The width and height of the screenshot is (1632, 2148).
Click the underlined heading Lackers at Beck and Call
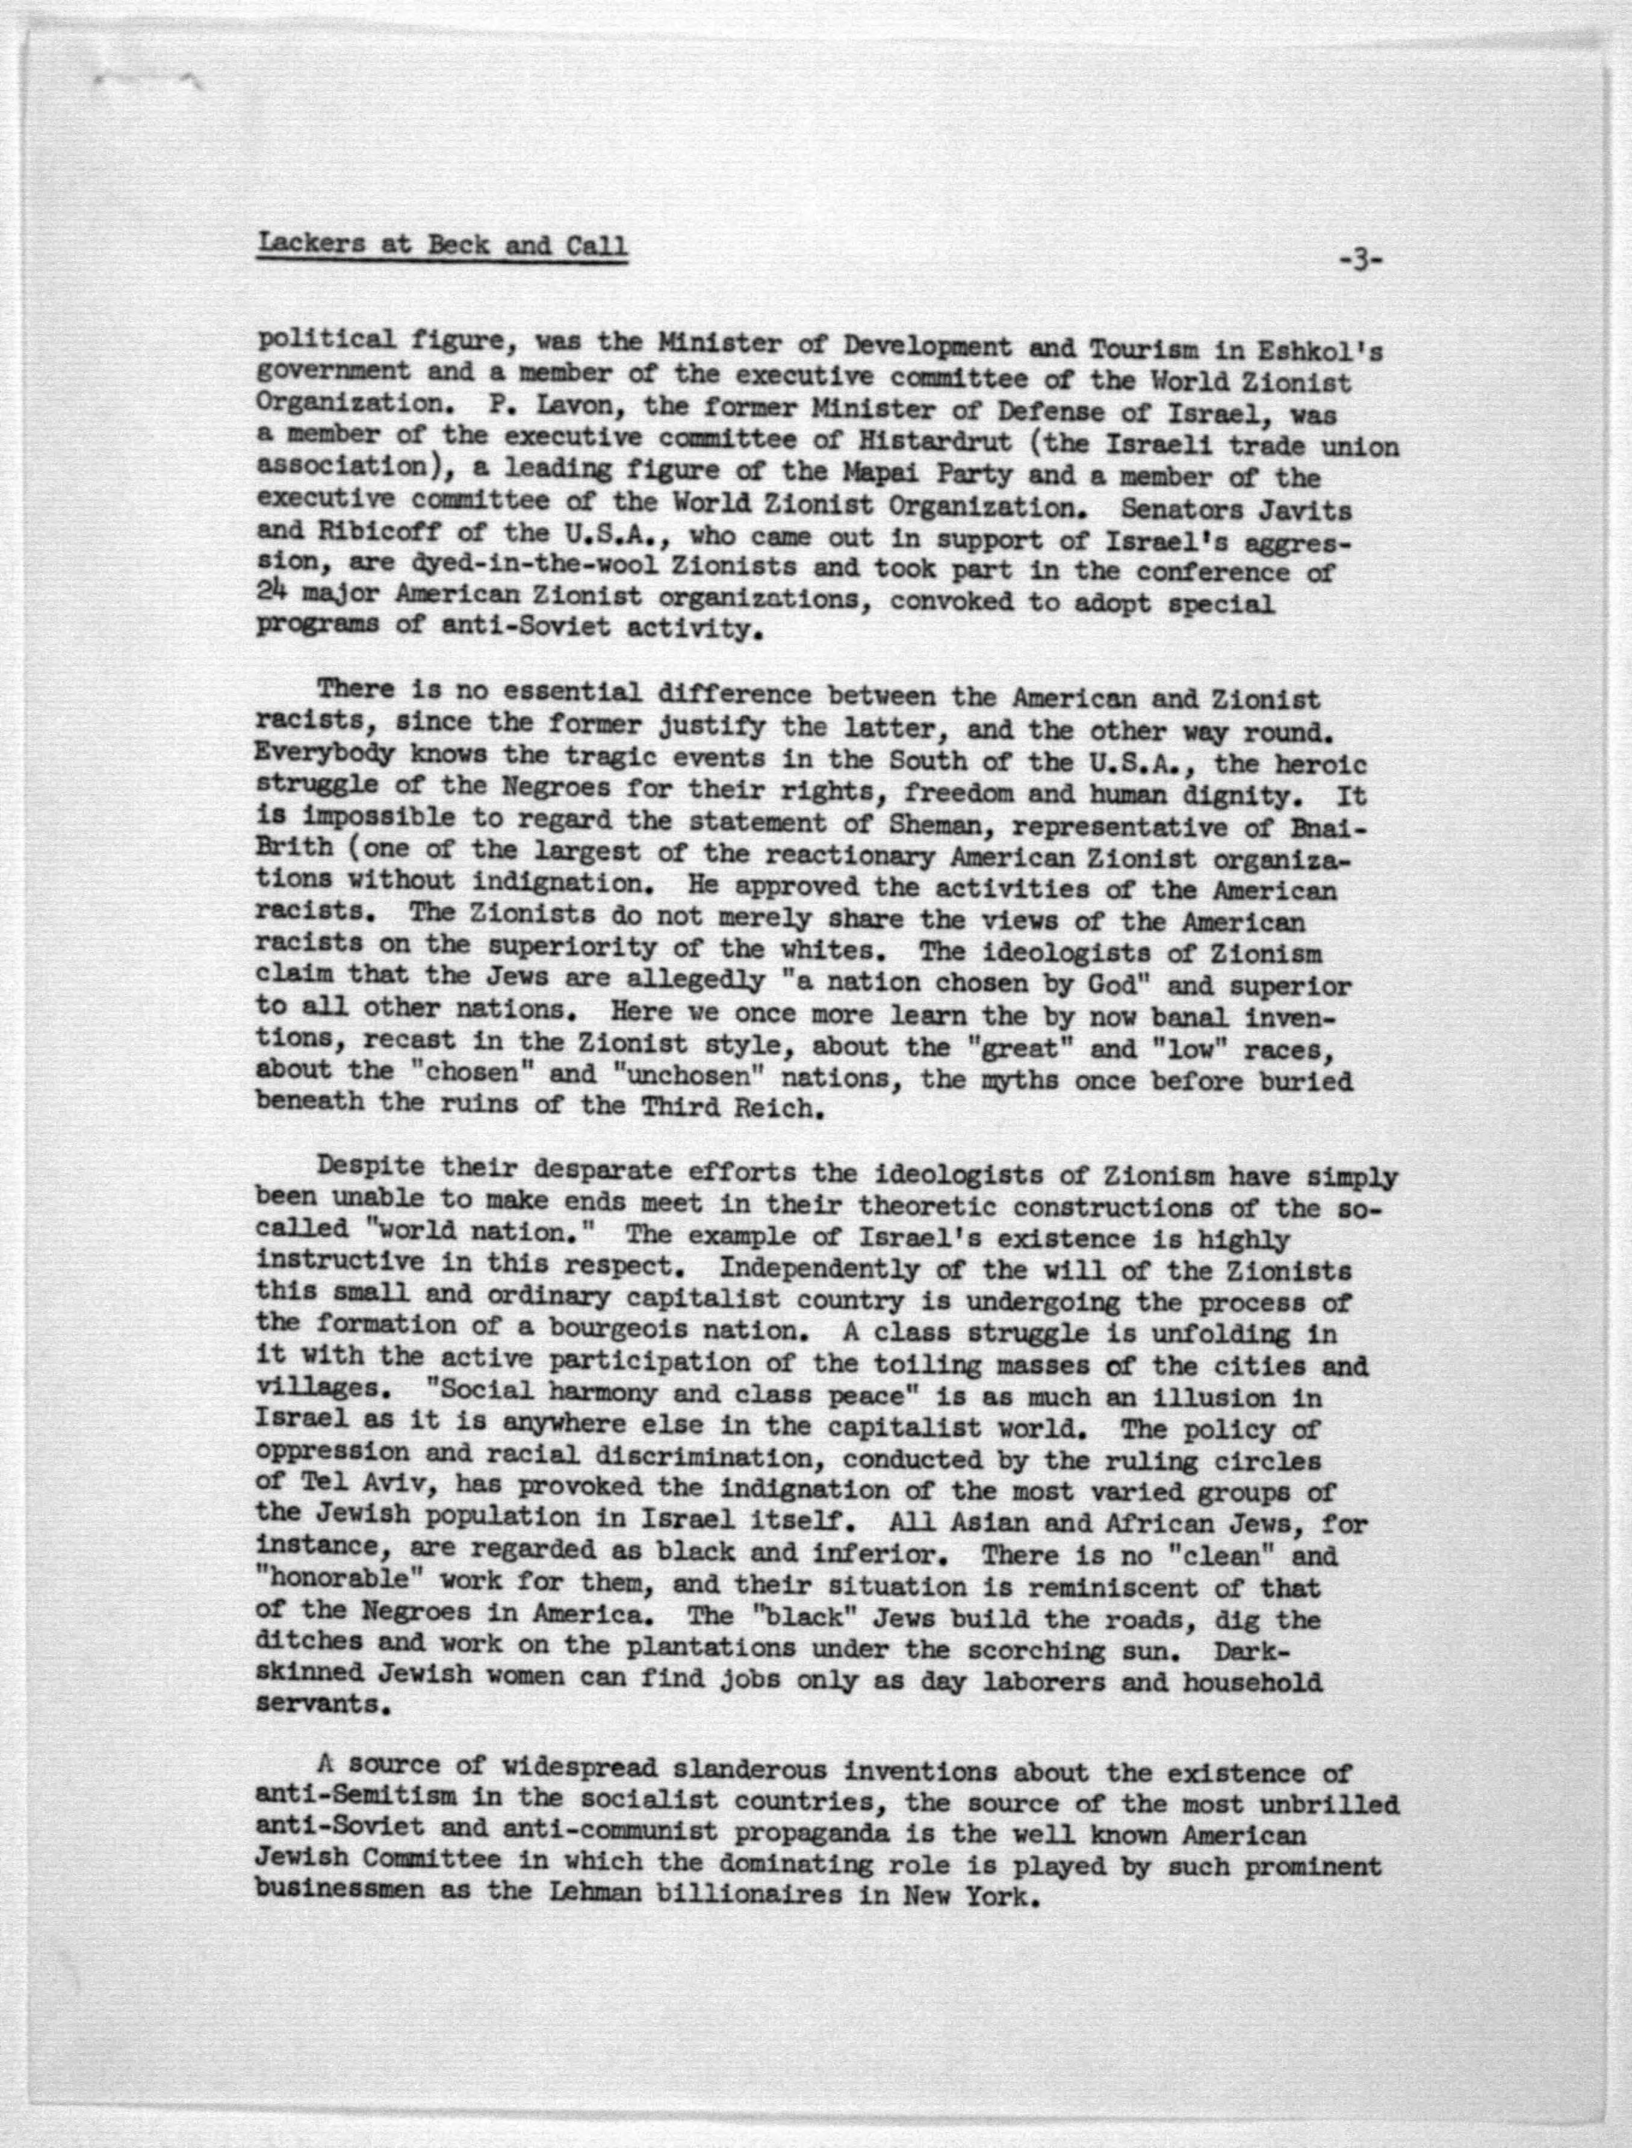point(442,244)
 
